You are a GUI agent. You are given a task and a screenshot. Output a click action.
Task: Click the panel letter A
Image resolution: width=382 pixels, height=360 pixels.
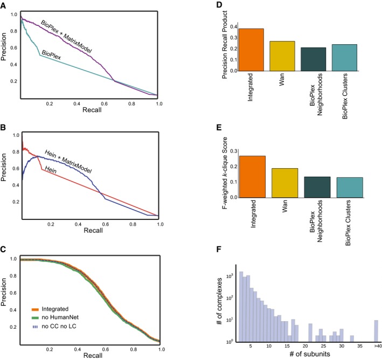tap(5, 4)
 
